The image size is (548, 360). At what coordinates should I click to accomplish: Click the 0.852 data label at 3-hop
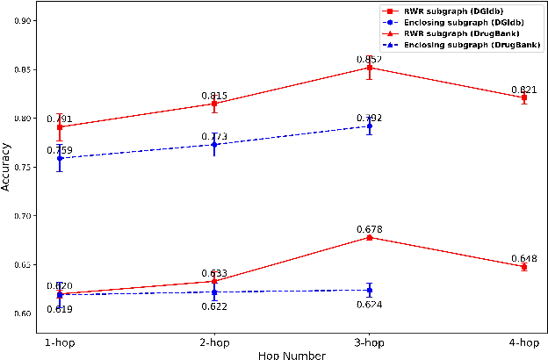pos(369,59)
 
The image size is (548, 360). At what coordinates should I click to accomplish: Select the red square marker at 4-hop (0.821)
pos(524,97)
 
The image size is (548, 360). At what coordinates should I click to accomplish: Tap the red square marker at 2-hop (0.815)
pos(214,104)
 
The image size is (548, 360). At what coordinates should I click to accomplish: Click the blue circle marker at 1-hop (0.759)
pos(60,158)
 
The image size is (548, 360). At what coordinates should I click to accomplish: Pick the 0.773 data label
pos(214,136)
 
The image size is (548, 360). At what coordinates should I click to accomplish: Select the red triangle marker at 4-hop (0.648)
pos(524,266)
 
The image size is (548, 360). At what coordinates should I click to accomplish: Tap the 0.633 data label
pos(214,273)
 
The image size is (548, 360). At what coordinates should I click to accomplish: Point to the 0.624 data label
pos(369,305)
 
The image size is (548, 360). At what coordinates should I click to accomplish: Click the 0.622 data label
pos(214,306)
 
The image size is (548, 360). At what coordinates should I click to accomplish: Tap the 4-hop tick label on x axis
pos(524,343)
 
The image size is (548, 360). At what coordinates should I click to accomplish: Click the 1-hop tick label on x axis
pos(60,343)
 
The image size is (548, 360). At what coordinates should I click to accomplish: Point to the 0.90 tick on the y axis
pos(23,20)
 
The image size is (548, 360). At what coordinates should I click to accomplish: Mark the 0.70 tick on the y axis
pos(23,215)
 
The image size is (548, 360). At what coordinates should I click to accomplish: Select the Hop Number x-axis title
pos(292,355)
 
